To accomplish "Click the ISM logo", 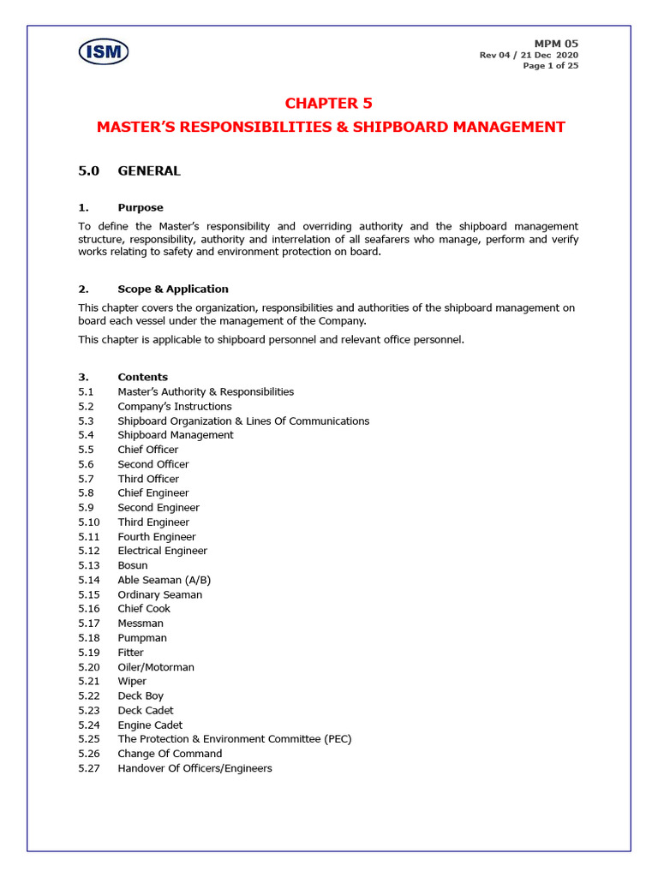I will pyautogui.click(x=104, y=52).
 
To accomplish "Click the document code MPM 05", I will pyautogui.click(x=556, y=44).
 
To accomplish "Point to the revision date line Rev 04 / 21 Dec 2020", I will pyautogui.click(x=529, y=56).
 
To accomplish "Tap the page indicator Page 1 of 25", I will pyautogui.click(x=550, y=67).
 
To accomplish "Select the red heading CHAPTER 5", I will pyautogui.click(x=329, y=104).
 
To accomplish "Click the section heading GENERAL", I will pyautogui.click(x=149, y=171).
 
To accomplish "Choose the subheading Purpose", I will pyautogui.click(x=141, y=208).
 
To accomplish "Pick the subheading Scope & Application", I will pyautogui.click(x=173, y=289).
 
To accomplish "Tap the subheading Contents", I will pyautogui.click(x=143, y=378).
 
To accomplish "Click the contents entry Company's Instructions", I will pyautogui.click(x=175, y=407).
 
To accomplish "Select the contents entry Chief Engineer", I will pyautogui.click(x=153, y=493).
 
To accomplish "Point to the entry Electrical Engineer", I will pyautogui.click(x=163, y=552).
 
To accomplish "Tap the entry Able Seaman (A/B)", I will pyautogui.click(x=164, y=581).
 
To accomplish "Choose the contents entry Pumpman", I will pyautogui.click(x=142, y=638).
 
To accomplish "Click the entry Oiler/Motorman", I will pyautogui.click(x=156, y=667).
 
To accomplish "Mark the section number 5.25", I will pyautogui.click(x=89, y=739).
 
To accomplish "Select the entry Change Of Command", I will pyautogui.click(x=170, y=754).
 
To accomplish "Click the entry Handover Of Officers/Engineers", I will pyautogui.click(x=195, y=768).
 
